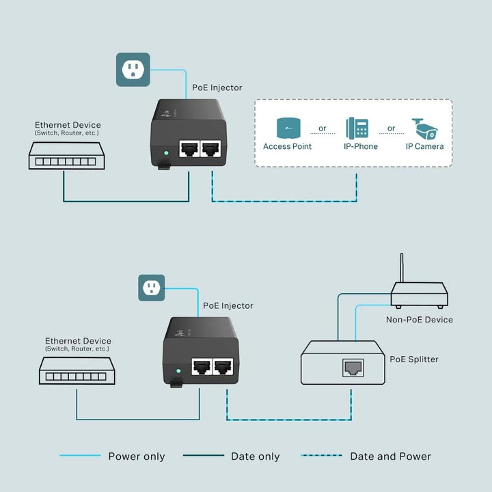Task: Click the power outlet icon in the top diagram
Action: [133, 69]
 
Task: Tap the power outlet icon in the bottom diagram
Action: [152, 287]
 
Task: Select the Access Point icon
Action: [287, 128]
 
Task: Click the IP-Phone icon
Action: [357, 128]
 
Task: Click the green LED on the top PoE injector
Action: [166, 153]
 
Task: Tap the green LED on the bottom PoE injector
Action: [178, 371]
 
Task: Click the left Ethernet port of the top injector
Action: [189, 150]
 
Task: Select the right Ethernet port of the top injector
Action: [211, 150]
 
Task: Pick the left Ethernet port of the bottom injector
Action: [201, 367]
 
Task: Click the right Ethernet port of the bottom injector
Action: [223, 367]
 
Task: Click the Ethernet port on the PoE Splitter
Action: [352, 368]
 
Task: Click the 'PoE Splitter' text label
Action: [414, 359]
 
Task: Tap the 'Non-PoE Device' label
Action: [419, 319]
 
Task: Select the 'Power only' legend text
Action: [137, 456]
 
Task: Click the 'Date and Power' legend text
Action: [390, 456]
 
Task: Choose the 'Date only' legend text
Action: [255, 456]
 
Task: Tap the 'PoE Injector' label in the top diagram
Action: [216, 87]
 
